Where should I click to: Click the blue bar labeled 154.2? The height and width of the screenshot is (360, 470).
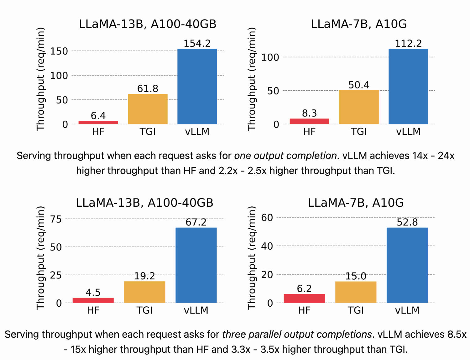pos(197,86)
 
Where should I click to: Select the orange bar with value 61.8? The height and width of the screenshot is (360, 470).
pos(148,109)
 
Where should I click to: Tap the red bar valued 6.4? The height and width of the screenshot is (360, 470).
pos(98,122)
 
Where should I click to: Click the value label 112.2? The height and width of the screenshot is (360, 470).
pos(408,43)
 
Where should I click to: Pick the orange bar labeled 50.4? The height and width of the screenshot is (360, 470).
pos(359,107)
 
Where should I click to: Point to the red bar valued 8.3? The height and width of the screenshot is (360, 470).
pos(309,121)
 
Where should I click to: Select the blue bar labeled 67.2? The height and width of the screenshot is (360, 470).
pos(196,265)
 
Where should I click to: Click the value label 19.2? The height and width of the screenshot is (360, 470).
pos(144,276)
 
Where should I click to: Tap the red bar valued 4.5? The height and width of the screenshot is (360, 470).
pos(93,300)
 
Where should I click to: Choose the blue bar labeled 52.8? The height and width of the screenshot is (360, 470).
pos(407,265)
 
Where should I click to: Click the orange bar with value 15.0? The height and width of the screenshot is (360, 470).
pos(356,292)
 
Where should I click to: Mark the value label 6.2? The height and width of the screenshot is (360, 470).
pos(304,289)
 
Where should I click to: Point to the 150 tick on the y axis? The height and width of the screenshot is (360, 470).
pos(59,51)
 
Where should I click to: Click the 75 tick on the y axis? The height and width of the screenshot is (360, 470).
pos(56,219)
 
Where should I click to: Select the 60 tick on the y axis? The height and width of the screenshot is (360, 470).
pos(267,217)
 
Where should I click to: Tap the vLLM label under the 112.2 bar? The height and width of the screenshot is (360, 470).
pos(408,131)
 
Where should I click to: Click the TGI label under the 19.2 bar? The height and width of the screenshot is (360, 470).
pos(144,310)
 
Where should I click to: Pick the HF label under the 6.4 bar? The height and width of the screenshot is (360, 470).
pos(98,131)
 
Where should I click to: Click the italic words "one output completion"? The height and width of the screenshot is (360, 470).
pos(285,156)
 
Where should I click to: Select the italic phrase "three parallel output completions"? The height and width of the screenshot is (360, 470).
pos(297,334)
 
